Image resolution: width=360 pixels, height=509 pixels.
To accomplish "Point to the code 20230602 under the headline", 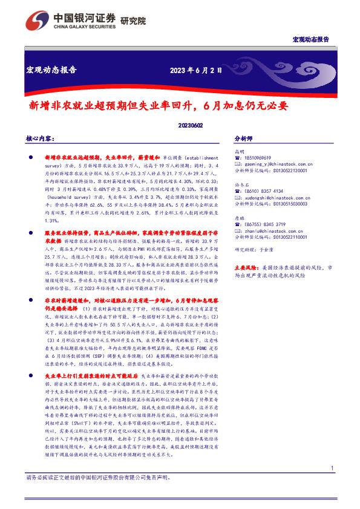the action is click(191, 125).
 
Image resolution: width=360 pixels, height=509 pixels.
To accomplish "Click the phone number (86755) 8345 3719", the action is click(263, 224).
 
